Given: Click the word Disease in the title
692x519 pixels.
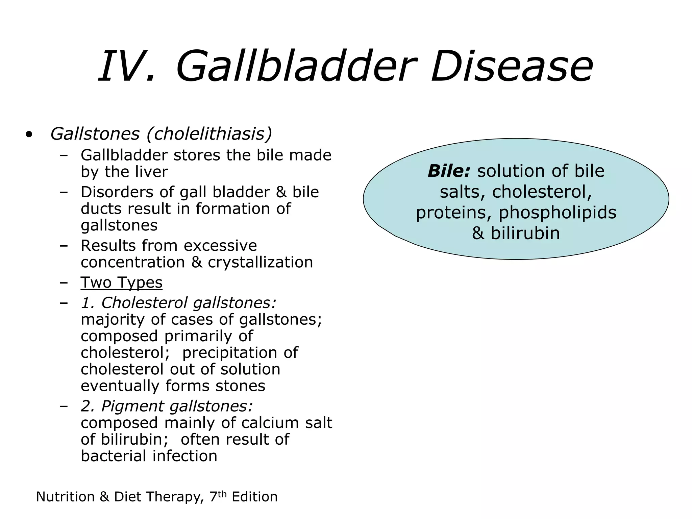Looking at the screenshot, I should (x=512, y=66).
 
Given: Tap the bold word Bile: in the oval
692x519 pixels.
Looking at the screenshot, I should (x=449, y=171).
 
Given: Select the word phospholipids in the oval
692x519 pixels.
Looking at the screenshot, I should (x=558, y=213).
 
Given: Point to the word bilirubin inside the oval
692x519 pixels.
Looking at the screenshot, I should (x=525, y=233).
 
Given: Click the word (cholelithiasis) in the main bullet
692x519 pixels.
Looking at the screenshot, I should (x=209, y=134).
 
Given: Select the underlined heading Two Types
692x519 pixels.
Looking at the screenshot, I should (x=121, y=282).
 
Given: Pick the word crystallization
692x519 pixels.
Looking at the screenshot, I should (x=260, y=263).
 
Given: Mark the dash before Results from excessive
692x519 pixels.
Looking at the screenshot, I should (x=63, y=246).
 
